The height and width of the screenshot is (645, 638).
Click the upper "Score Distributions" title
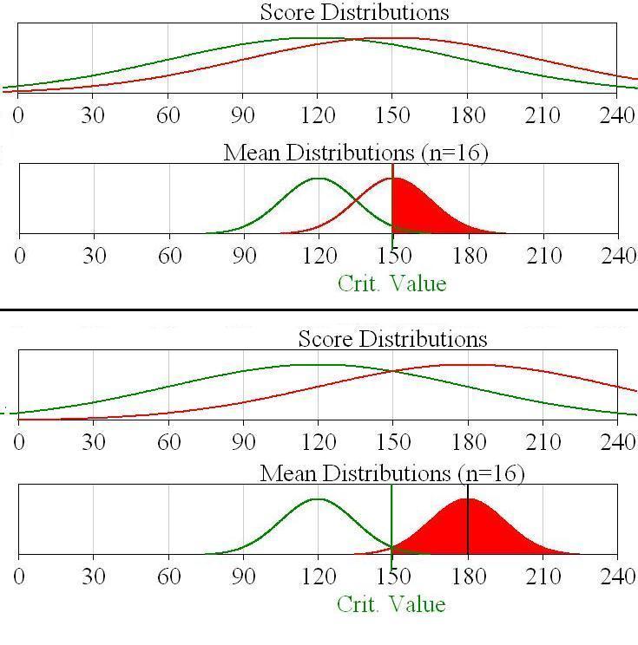click(x=354, y=12)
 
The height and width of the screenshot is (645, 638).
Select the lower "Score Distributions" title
click(x=392, y=338)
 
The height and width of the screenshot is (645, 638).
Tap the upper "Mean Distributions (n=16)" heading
click(x=356, y=153)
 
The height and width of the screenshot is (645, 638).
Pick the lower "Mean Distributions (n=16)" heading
click(x=392, y=473)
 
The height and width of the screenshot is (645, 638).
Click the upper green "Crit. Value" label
click(x=391, y=283)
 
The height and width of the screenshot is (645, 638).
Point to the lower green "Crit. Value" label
click(x=391, y=603)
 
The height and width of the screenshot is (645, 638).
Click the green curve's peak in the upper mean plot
click(x=319, y=179)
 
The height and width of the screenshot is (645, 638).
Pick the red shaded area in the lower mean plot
click(x=469, y=531)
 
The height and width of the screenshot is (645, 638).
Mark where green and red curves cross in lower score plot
click(x=393, y=371)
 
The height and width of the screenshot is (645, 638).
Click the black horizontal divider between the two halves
click(x=319, y=309)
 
